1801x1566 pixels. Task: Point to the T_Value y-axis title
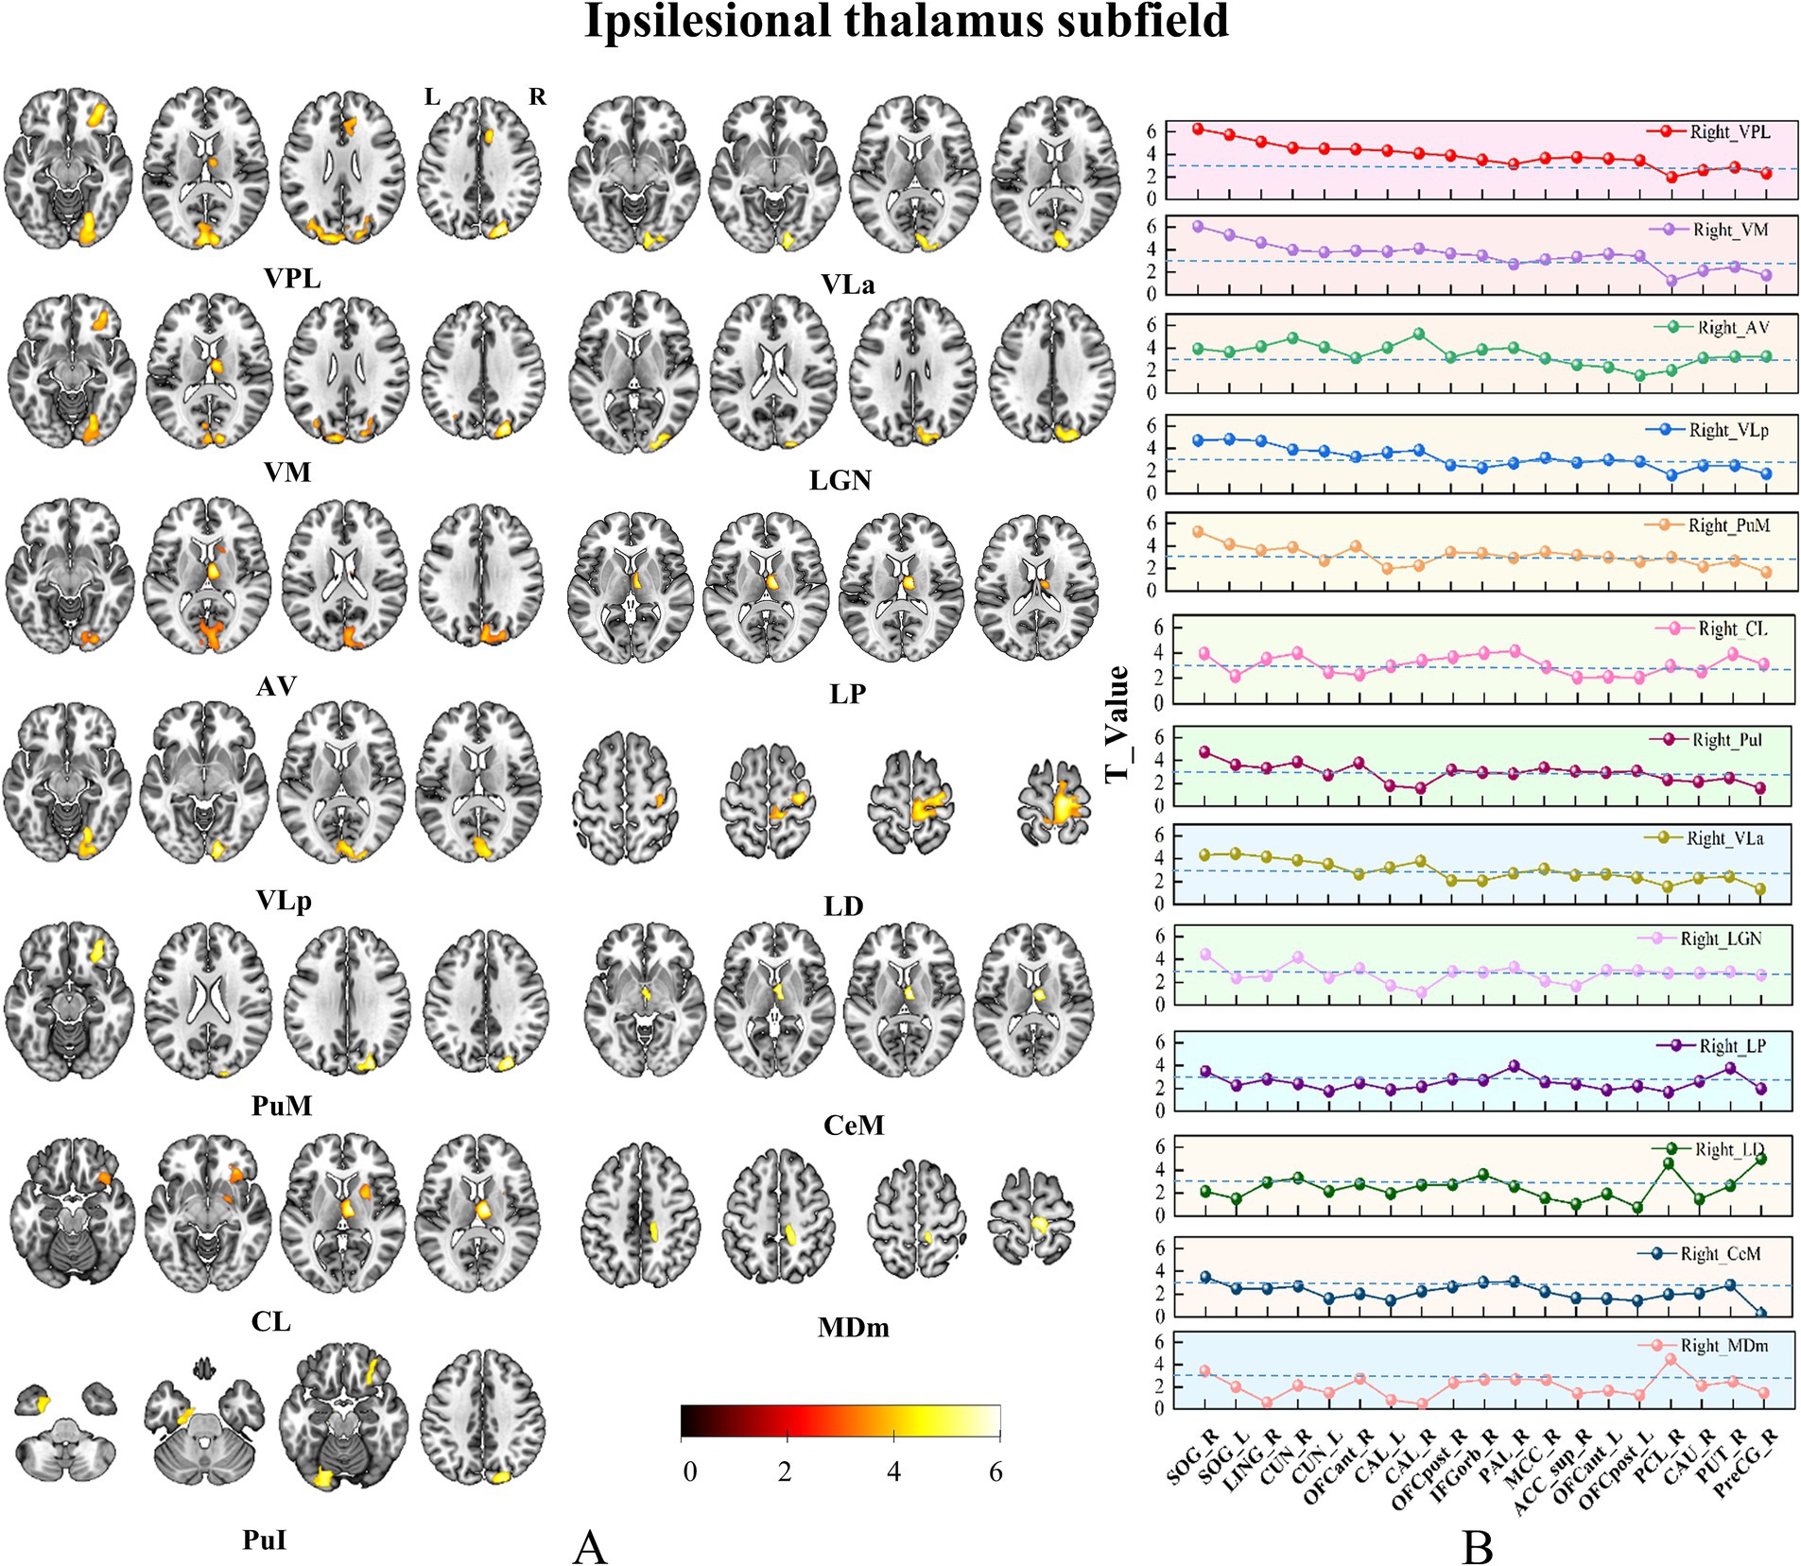pos(1117,724)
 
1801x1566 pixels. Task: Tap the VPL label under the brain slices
pos(292,279)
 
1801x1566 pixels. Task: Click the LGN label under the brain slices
pos(840,481)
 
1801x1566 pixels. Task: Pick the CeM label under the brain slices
pos(854,1126)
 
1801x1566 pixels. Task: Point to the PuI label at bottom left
pos(265,1540)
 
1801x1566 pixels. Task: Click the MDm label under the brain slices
pos(853,1328)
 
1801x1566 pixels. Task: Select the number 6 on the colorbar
pos(996,1471)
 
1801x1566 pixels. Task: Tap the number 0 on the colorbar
pos(690,1471)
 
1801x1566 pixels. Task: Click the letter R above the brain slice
pos(537,96)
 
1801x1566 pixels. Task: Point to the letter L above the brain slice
pos(432,96)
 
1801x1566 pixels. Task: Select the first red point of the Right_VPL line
pos(1198,129)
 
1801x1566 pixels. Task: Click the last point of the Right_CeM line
pos(1761,1313)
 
